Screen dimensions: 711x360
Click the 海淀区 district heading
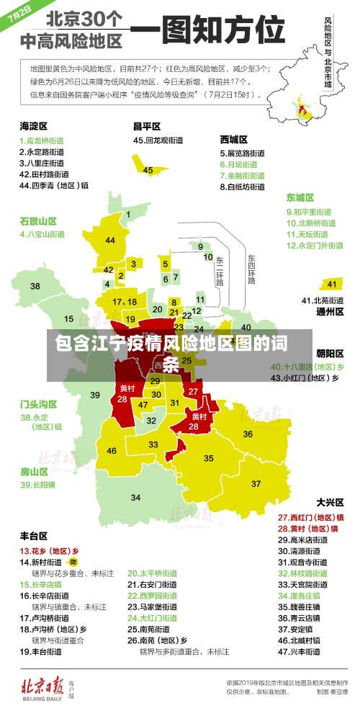(34, 125)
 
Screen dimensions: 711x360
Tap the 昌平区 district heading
(146, 125)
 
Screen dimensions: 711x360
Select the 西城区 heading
(234, 139)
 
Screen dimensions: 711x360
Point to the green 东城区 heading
(300, 197)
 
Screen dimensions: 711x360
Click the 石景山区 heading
(38, 220)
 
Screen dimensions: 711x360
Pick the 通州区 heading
(330, 312)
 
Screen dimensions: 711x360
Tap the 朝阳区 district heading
(330, 353)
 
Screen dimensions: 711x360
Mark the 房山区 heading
(34, 471)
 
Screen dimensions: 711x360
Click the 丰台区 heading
(34, 536)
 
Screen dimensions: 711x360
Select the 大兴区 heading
(330, 501)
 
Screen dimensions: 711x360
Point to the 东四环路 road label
(251, 268)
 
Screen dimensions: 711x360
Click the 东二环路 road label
(220, 270)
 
